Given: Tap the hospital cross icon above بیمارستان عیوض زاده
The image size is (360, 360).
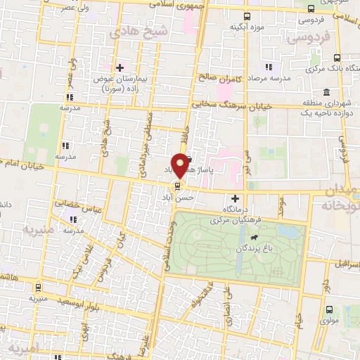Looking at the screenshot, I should tap(120, 68).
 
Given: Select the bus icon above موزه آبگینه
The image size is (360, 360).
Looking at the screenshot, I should tap(247, 16).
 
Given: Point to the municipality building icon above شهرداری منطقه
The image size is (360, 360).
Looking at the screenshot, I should tap(328, 92).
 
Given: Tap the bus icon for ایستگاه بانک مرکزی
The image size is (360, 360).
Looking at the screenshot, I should tap(337, 58).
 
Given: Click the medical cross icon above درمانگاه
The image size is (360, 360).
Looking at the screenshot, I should tap(235, 199).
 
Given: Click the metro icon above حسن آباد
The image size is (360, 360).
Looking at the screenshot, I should tap(176, 186).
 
